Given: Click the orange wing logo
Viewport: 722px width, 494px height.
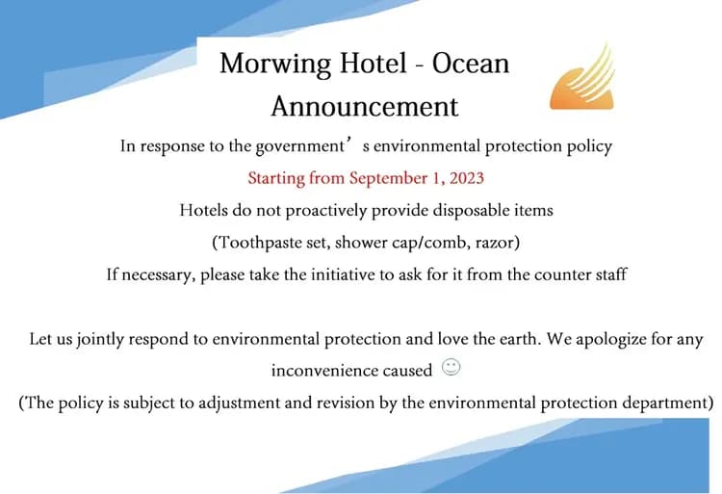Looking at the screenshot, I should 581,77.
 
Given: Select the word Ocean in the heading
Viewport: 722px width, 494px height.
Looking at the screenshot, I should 471,64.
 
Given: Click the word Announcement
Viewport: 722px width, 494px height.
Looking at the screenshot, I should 364,105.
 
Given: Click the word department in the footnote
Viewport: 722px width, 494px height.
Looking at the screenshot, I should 661,403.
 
